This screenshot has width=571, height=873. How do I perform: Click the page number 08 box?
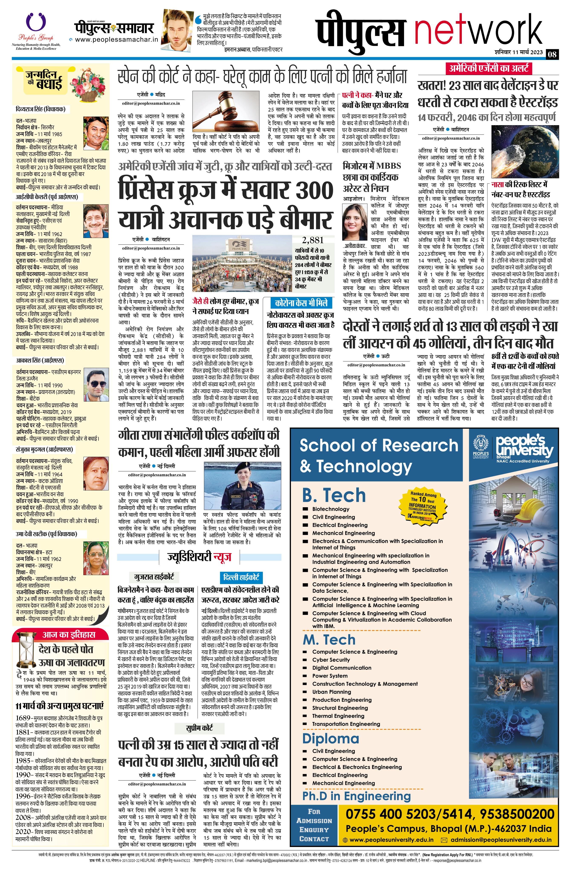[x=552, y=55]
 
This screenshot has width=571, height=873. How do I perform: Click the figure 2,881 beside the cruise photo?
[x=312, y=240]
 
